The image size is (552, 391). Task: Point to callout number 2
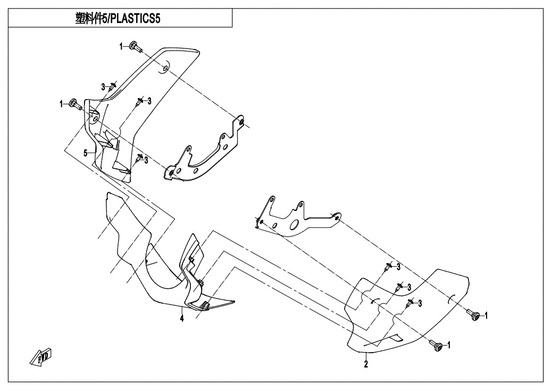[366, 364]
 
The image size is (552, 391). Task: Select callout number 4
[182, 319]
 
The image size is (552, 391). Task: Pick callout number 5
[85, 153]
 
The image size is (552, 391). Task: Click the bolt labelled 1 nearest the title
[135, 46]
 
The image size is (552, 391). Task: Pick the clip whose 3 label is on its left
[112, 86]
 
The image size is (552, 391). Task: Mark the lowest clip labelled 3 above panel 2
[410, 303]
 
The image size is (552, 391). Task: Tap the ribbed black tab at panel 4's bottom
[204, 305]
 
